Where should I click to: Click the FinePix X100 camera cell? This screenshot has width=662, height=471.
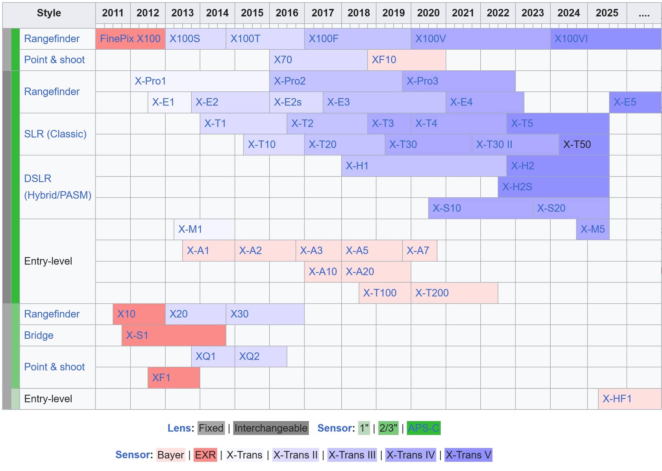pos(130,39)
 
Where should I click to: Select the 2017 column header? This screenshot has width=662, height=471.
pos(323,13)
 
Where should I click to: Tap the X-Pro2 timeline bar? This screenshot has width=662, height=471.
pos(335,81)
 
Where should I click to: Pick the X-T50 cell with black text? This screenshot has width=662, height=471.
pos(584,144)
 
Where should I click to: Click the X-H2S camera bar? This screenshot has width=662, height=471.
pos(553,187)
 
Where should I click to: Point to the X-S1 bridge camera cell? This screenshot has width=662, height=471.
pos(174,335)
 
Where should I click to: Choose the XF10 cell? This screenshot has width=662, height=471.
pos(407,60)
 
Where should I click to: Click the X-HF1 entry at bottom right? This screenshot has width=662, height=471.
pos(629,399)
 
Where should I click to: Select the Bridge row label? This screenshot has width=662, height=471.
pos(39,335)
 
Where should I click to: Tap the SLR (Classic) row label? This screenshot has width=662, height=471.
pos(55,134)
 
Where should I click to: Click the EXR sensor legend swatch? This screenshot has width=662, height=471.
pos(205,455)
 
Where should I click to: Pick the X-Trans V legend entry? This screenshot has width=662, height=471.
pos(468,455)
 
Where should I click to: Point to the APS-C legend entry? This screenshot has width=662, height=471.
pos(423,428)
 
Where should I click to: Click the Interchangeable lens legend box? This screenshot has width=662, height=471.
pos(271,428)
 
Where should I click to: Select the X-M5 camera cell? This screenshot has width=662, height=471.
pos(592,229)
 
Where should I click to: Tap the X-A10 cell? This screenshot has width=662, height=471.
pos(323,272)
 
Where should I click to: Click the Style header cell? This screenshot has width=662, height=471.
pos(49,13)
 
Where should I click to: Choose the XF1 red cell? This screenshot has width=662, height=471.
pos(174,378)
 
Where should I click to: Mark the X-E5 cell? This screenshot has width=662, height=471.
pos(635,102)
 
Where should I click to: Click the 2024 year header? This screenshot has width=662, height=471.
pos(569,13)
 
